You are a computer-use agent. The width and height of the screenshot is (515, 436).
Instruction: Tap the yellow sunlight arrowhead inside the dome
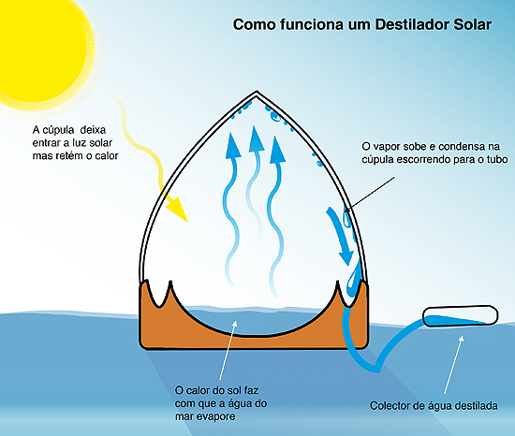tap(177, 209)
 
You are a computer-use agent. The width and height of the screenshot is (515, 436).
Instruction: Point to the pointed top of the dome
tap(257, 92)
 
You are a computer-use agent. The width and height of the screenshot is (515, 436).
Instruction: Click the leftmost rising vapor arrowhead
tap(232, 146)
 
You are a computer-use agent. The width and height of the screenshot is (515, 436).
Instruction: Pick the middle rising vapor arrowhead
tap(256, 139)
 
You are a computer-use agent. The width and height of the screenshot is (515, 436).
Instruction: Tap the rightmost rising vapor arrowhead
tap(277, 150)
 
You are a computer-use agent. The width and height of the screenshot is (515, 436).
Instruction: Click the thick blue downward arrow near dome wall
tap(340, 235)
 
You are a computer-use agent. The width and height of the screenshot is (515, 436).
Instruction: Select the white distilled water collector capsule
tap(460, 315)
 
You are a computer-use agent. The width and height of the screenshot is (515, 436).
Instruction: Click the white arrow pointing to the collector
tap(453, 364)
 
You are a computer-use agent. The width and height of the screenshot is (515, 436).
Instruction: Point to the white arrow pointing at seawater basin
tap(228, 350)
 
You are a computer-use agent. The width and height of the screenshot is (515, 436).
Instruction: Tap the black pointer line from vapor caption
tap(370, 194)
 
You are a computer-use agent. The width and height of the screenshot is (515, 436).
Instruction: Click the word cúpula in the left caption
tap(58, 131)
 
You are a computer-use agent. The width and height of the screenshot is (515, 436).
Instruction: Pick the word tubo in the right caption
tap(497, 159)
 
